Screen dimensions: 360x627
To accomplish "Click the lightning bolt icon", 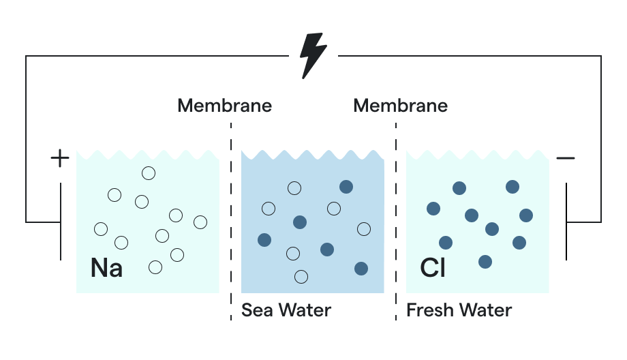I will [313, 55].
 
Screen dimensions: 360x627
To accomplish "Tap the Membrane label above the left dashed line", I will [224, 106].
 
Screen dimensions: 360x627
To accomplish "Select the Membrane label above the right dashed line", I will [400, 106].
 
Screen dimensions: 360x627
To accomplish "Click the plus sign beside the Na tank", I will [60, 159].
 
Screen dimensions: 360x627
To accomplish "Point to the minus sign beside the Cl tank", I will [566, 159].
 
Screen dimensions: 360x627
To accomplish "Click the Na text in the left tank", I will [106, 268].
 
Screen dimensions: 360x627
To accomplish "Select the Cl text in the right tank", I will [433, 268].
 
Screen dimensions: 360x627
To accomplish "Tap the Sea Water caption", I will [286, 310].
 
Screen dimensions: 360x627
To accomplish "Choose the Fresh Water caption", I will [459, 310].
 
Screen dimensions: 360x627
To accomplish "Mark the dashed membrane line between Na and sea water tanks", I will [231, 218].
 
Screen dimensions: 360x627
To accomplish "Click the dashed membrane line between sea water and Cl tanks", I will [396, 218].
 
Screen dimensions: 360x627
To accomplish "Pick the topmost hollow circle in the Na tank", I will [149, 173].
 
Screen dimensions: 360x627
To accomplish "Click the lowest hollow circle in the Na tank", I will [155, 267].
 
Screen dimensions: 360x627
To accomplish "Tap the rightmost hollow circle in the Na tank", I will [200, 222].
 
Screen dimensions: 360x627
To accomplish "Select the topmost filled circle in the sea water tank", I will [346, 187].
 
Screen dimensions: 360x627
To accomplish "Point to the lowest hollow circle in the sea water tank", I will [301, 276].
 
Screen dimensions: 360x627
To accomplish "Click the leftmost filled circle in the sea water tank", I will [264, 240].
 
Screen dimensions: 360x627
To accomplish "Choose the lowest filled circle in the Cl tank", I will [485, 262].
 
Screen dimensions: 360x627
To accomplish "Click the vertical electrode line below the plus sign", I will [60, 222].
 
